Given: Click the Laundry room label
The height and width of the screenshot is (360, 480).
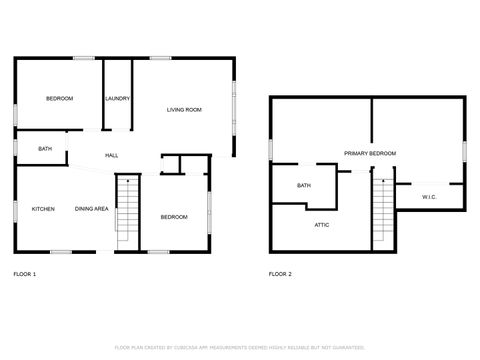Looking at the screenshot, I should tap(118, 98).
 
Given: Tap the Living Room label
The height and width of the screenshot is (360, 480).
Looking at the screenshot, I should tap(184, 109).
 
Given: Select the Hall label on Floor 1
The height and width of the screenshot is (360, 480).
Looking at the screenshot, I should tap(112, 155).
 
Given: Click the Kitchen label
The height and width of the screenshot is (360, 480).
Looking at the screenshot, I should tap(43, 209).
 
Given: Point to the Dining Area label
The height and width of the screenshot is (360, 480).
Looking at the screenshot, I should tap(92, 209).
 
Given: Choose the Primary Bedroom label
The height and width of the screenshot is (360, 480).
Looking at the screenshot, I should tap(370, 153).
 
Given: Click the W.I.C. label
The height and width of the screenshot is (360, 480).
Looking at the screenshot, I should tap(429, 197).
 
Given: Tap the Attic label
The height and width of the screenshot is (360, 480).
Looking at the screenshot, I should tap(322, 225).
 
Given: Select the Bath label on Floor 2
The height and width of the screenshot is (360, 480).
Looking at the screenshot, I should tap(304, 185).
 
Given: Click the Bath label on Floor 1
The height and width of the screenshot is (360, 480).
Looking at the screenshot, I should tap(45, 149).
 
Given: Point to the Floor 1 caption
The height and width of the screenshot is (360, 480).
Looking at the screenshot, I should tap(25, 273).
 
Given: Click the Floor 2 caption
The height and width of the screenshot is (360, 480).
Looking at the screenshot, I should tap(281, 273).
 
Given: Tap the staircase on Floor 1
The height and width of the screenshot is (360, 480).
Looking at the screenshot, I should tap(126, 210).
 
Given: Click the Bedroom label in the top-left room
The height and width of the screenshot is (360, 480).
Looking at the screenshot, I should tap(59, 98).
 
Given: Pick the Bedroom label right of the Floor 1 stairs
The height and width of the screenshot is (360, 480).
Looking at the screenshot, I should tap(175, 217).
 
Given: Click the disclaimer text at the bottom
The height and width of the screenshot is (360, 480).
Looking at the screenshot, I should tap(239, 346).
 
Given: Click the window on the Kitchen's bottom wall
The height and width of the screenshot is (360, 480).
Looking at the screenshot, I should tap(62, 251).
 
